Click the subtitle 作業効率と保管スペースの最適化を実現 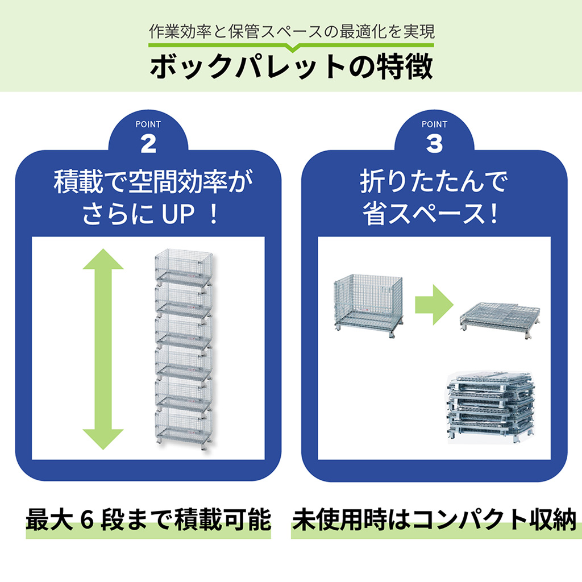[x=291, y=31]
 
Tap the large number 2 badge [x=148, y=144]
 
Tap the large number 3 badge [x=434, y=144]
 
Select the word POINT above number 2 [x=148, y=124]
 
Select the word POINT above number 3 [x=434, y=124]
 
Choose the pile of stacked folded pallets [x=490, y=406]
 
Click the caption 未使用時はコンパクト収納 [x=435, y=521]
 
